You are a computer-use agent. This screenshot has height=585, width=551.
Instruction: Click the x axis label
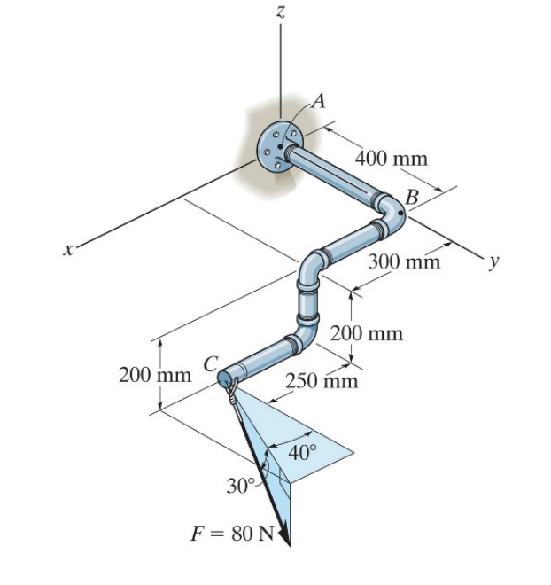[66, 251]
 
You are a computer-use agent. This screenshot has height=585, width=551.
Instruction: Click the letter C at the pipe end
[210, 363]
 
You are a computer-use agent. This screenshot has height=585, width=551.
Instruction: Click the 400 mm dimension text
[391, 160]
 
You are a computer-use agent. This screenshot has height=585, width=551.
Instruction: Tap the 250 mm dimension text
[322, 382]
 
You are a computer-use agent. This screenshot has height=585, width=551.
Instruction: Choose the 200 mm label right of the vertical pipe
[366, 334]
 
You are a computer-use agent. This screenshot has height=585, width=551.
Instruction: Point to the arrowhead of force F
[285, 535]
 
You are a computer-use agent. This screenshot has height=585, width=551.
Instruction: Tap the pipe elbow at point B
[392, 212]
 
